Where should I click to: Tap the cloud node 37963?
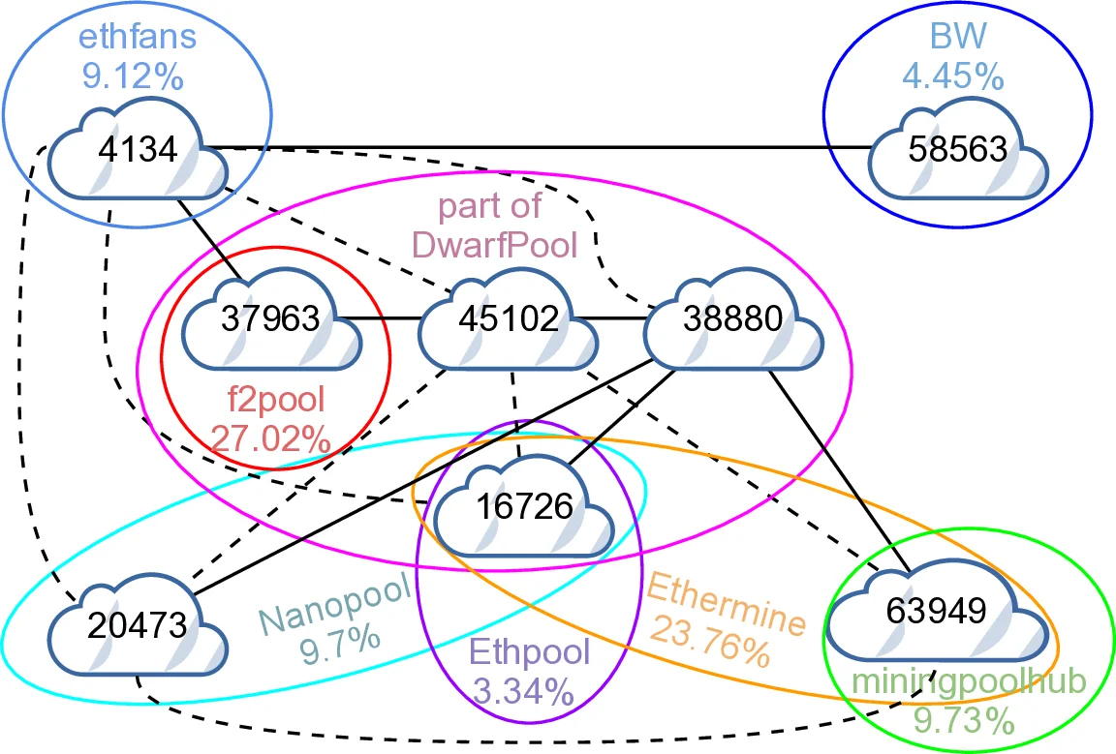(271, 319)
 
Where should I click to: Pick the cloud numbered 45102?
(508, 319)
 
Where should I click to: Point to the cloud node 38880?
(733, 319)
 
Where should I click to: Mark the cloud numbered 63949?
(938, 611)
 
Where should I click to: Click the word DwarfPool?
(494, 245)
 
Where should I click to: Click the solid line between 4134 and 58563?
(542, 148)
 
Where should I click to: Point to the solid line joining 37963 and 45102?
(386, 317)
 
